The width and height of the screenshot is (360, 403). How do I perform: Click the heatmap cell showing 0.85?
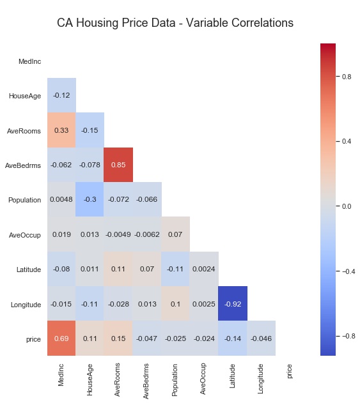[118, 165]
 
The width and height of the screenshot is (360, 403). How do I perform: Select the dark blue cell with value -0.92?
[233, 303]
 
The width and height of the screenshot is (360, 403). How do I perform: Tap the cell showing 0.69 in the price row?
[61, 338]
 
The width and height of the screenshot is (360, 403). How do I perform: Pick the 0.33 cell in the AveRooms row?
[61, 130]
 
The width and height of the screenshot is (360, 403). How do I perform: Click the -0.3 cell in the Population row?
[90, 199]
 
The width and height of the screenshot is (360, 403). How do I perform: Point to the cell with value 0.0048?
[61, 199]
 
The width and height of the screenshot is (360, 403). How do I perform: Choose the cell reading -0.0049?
[118, 234]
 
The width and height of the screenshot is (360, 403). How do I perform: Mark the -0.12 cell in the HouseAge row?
[61, 95]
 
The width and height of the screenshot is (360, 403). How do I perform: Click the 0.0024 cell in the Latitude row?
[204, 269]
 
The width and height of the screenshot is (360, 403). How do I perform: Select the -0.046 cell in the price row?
[261, 338]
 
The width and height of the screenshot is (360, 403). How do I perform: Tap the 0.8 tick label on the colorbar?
[347, 77]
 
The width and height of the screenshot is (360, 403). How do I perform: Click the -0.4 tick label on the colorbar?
[348, 271]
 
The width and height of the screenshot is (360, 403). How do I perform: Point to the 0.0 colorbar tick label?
[347, 206]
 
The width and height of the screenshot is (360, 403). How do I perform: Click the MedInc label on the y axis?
[29, 61]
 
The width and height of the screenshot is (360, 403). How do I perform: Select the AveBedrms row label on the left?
[23, 165]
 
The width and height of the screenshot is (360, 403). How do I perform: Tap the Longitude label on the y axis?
[26, 305]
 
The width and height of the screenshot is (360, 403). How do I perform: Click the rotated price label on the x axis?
[290, 372]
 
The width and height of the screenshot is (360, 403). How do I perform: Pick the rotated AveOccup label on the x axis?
[203, 379]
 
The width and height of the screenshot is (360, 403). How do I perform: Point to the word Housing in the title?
[98, 23]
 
